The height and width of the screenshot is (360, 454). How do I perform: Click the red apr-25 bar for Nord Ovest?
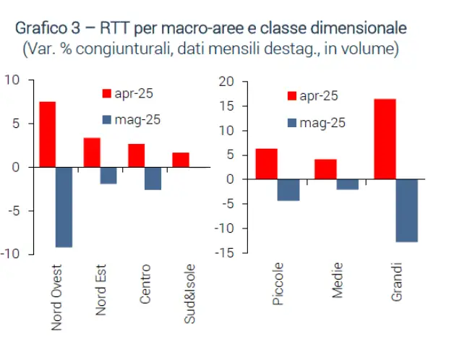[47, 134]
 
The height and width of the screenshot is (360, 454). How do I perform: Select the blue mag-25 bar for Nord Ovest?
[64, 207]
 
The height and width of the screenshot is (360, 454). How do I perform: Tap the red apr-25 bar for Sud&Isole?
[181, 160]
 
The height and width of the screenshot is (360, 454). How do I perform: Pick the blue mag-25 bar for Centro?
[153, 179]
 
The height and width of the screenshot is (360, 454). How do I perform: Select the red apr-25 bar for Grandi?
[385, 139]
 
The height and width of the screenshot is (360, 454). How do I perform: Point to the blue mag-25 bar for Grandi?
[406, 210]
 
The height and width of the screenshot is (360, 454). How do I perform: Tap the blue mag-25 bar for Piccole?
[288, 189]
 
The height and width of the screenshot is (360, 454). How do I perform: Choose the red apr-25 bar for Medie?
[325, 169]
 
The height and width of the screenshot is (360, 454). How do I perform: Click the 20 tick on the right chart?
[227, 82]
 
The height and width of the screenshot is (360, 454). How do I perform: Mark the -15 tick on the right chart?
[225, 252]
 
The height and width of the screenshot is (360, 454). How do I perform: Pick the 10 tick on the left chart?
[12, 80]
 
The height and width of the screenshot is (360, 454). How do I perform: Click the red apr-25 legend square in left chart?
[106, 93]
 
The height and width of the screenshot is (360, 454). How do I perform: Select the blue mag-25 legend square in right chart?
[292, 123]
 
